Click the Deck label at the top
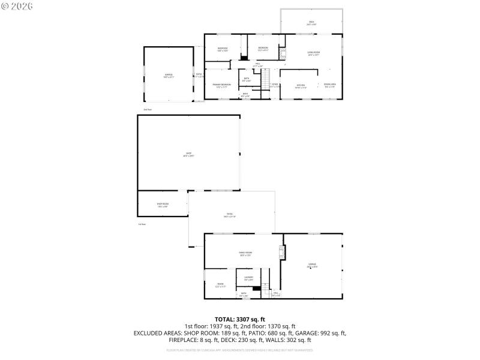coord(311,23)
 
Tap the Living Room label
coord(313,53)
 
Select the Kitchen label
coord(301,86)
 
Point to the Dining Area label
coord(329,86)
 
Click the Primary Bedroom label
coord(221,85)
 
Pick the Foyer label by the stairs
coord(275,86)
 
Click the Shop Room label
coord(163,205)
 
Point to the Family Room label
coord(245,254)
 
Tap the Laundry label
coord(248,278)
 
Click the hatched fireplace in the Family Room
coord(280,253)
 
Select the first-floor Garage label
coord(312,265)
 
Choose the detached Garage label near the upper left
coord(169,76)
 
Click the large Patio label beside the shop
coord(229,215)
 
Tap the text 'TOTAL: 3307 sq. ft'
coord(240,319)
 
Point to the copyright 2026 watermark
coord(17,5)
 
